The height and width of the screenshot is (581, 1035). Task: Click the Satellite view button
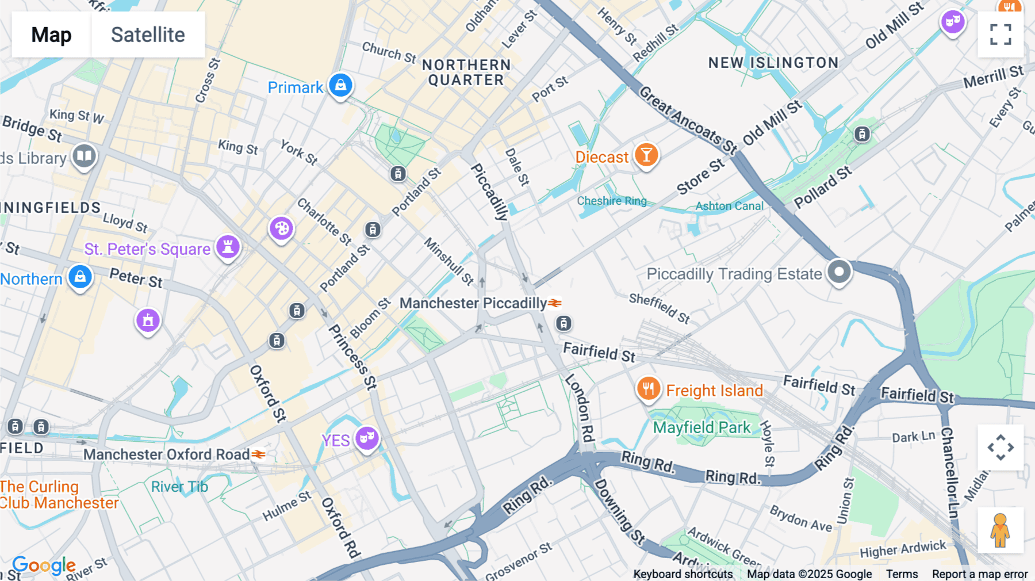[148, 35]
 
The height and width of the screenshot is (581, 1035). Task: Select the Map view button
[51, 35]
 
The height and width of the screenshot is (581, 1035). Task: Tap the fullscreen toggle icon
[1000, 35]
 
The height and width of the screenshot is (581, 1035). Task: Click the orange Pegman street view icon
[1000, 530]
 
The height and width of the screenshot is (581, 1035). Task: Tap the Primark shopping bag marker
[340, 85]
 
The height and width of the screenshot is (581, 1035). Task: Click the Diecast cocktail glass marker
[646, 155]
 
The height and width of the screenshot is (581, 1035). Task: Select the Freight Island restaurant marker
[648, 389]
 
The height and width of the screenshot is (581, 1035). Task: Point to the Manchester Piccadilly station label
[473, 303]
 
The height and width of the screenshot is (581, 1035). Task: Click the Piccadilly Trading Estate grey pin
[839, 271]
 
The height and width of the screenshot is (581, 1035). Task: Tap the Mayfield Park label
[701, 427]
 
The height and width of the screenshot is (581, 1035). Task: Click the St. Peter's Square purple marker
[228, 247]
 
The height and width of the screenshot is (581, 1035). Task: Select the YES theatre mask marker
[367, 439]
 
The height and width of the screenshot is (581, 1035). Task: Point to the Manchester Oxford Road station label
[167, 454]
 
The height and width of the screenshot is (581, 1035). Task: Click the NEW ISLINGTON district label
[773, 63]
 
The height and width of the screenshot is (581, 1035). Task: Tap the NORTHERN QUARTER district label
[466, 72]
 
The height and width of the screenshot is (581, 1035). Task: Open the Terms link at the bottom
[902, 574]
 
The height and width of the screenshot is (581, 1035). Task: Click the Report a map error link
[980, 574]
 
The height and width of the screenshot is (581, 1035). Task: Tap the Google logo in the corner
[44, 565]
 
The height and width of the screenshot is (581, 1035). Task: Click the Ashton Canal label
[729, 206]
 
